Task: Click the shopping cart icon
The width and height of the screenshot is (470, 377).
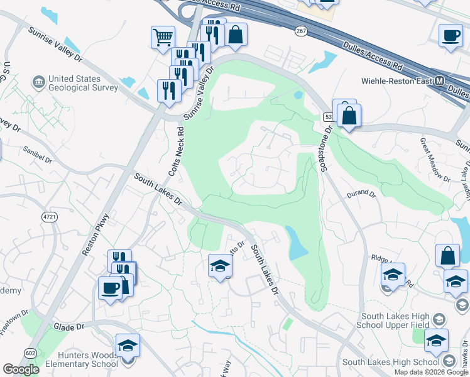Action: (x=163, y=37)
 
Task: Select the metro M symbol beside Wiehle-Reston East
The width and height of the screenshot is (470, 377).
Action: (x=440, y=81)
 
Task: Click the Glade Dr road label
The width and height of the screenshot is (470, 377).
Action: (x=69, y=327)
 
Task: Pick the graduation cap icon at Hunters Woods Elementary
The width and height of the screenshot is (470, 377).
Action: (x=128, y=346)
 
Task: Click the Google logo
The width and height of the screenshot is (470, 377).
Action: (x=20, y=369)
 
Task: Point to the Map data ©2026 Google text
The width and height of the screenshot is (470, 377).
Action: (x=431, y=372)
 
